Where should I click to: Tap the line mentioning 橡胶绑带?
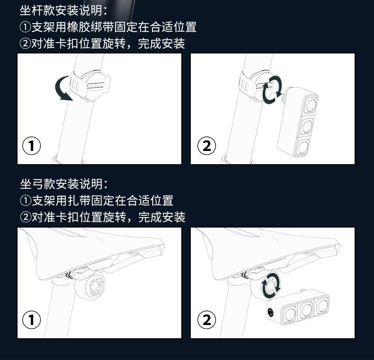click(108, 27)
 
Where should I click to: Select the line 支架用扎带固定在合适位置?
click(97, 201)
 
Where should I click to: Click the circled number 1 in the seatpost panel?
click(32, 146)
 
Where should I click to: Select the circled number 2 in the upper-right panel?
click(206, 146)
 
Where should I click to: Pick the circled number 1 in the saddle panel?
click(32, 319)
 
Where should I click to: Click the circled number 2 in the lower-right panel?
click(206, 319)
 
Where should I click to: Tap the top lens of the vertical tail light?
click(311, 105)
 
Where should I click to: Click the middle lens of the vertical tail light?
click(307, 126)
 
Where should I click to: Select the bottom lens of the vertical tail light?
click(303, 147)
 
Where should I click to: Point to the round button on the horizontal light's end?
click(271, 312)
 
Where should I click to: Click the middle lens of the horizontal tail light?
click(306, 309)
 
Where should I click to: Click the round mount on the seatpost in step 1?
click(96, 86)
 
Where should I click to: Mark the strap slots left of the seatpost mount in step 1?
click(75, 85)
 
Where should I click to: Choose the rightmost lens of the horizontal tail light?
click(322, 306)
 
